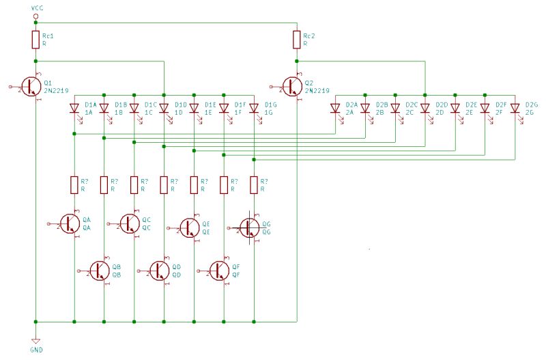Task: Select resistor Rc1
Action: (x=35, y=40)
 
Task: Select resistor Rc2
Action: (x=297, y=40)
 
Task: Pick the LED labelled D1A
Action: (x=74, y=108)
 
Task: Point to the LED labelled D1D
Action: (x=164, y=108)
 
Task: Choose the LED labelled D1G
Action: (x=254, y=108)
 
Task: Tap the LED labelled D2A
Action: (x=334, y=108)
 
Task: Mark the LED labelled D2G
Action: (x=515, y=108)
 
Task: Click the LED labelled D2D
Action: (x=425, y=108)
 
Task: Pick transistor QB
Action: (x=100, y=271)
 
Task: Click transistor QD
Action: (x=160, y=271)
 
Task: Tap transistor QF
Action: (x=220, y=271)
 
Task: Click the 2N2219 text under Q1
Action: (x=56, y=90)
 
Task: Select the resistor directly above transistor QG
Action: (x=254, y=184)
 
